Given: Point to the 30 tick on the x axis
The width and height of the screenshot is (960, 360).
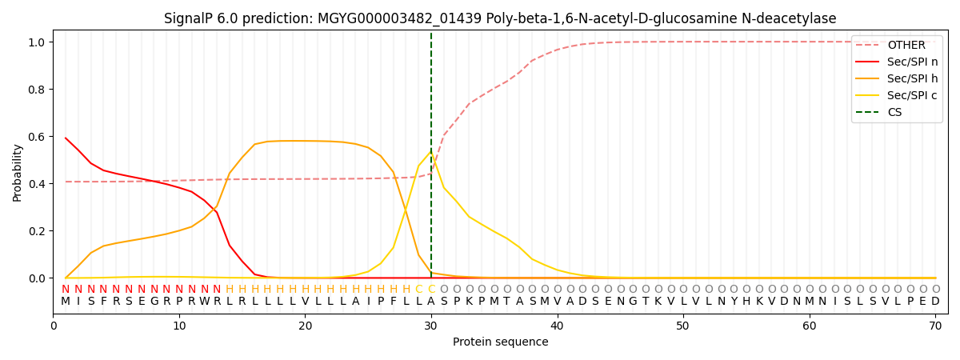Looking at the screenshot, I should tap(431, 326).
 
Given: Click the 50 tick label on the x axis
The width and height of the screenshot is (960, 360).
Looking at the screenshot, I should tap(683, 326).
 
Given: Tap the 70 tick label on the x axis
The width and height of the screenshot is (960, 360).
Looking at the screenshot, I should tap(935, 326).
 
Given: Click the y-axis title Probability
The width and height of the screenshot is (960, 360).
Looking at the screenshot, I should tap(18, 172).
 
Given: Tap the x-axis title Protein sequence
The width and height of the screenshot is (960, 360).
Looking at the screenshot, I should tap(500, 342).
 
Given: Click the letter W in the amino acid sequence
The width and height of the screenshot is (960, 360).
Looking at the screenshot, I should tap(204, 302).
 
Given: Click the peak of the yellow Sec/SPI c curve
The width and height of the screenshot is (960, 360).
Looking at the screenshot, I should tap(430, 152).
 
